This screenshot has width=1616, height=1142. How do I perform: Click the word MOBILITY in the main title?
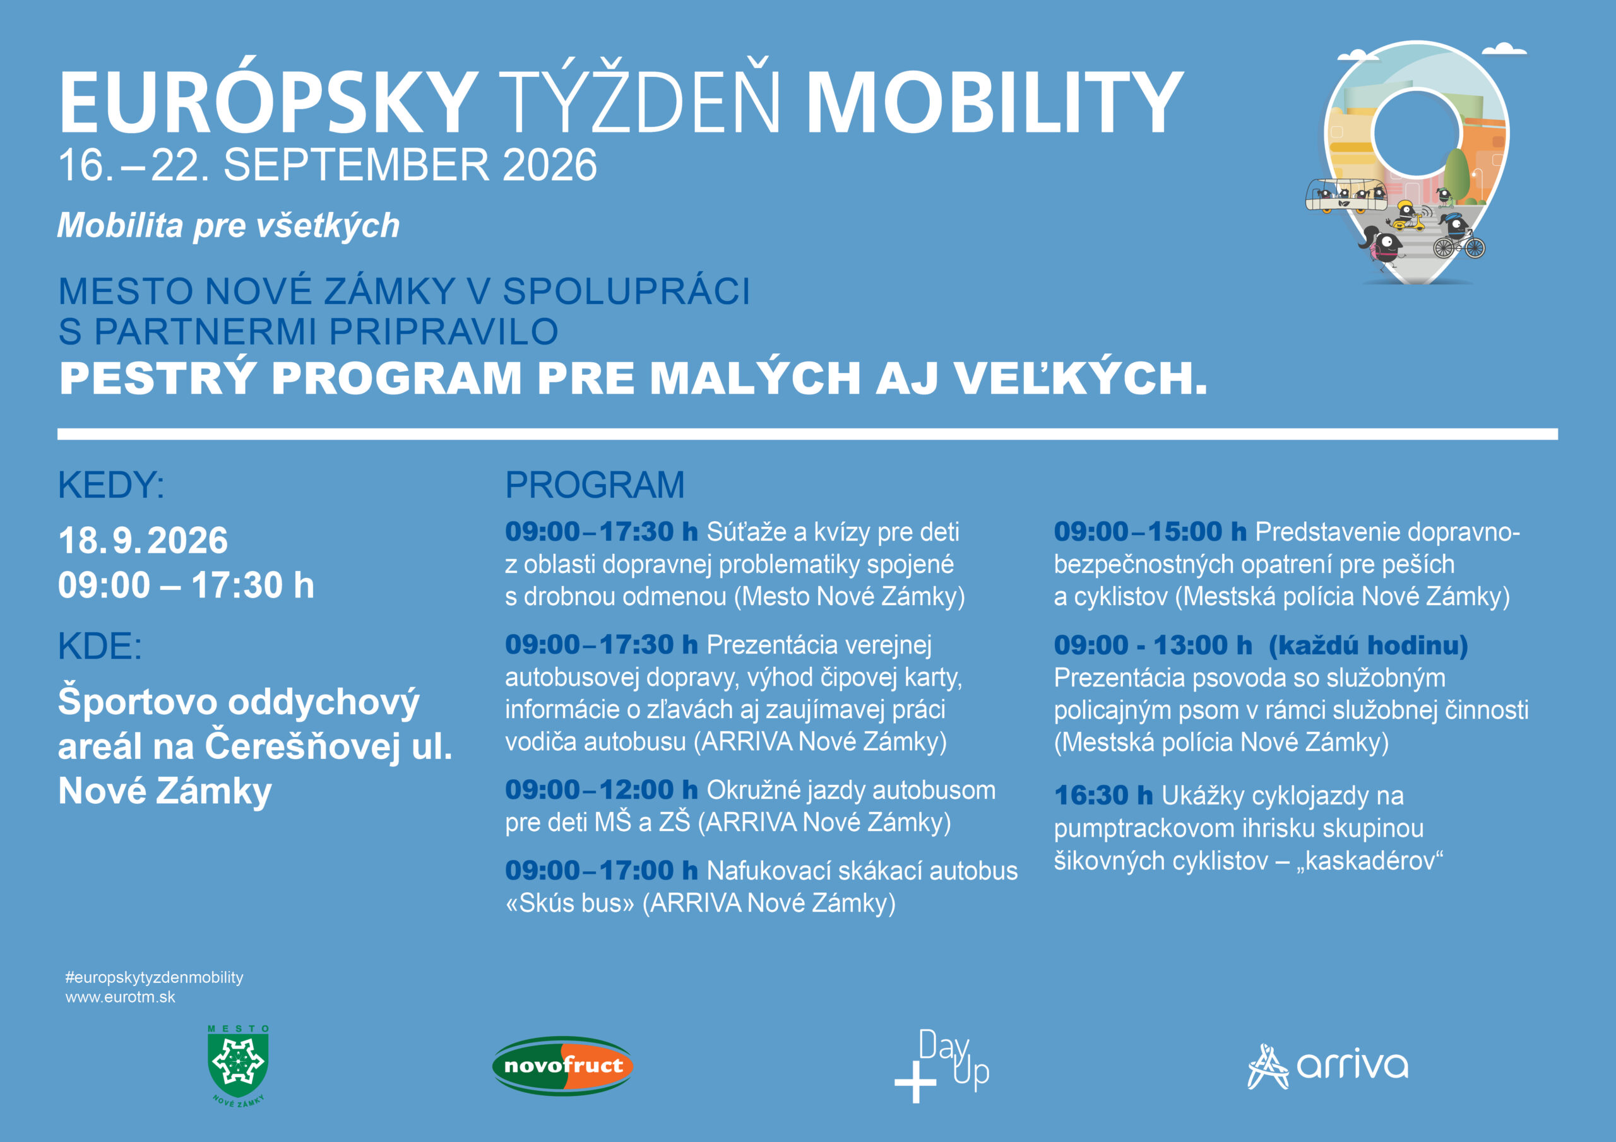994,103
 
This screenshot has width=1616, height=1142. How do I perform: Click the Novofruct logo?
562,1065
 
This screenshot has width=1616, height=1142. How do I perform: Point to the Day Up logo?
942,1065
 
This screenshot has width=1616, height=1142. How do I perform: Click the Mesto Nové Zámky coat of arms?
239,1065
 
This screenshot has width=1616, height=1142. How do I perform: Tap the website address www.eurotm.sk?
121,997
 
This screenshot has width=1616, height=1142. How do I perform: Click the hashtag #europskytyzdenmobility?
154,977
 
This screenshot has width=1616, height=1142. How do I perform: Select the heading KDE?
100,646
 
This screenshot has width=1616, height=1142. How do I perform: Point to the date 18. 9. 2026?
143,540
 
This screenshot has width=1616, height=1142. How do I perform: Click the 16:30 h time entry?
1103,796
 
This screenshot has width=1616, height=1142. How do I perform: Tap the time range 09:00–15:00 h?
1150,532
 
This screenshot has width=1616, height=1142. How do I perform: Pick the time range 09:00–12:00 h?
601,789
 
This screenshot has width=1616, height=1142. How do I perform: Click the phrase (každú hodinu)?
1369,646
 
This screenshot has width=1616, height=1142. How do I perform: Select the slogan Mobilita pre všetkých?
229,226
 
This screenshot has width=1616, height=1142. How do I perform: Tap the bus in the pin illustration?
1346,195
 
